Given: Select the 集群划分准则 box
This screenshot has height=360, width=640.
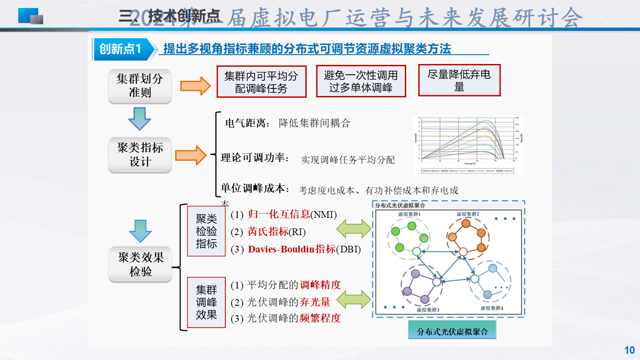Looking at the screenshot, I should point(140,86).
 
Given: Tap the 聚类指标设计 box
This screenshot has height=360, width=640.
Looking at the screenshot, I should point(140,154).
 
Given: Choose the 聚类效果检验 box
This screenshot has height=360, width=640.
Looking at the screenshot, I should point(140,264).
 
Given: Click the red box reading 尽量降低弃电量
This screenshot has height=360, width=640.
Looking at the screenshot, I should point(459,80).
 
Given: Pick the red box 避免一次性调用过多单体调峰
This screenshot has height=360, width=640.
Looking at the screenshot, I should point(361,81).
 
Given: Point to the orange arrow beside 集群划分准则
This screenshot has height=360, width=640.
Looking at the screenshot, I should point(195,85).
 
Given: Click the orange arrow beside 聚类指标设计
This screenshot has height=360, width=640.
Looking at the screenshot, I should point(190,155).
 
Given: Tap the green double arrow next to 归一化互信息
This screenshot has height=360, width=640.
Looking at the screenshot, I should point(353,229).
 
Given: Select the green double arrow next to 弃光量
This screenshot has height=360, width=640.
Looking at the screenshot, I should point(353,300).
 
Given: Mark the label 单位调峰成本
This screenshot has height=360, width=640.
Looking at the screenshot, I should point(255,188).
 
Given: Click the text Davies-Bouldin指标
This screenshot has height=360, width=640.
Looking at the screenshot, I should point(292,249).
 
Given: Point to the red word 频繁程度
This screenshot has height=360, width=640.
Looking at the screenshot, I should point(320,318).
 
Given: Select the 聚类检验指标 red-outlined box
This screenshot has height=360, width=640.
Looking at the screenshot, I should point(206,231).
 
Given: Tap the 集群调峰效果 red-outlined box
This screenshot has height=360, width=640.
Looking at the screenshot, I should point(206,302).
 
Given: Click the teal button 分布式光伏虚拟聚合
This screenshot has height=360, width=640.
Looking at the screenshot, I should point(452,332).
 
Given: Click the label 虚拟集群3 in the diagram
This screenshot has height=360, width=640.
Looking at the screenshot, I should point(428,309).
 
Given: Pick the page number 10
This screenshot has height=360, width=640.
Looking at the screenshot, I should point(629,350).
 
